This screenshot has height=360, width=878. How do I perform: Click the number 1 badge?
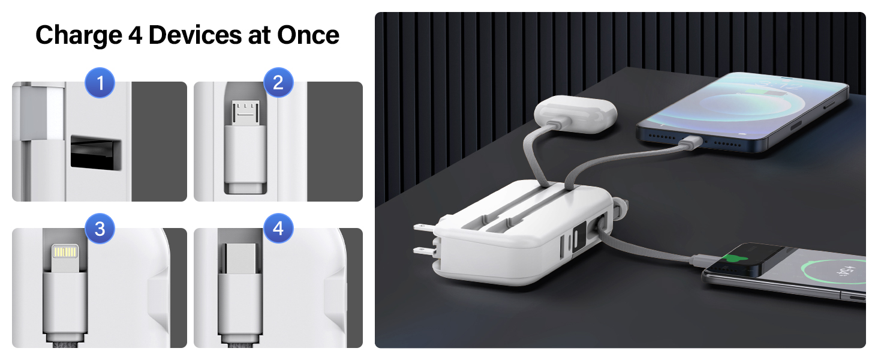click(x=100, y=83)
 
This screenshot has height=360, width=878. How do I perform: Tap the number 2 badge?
click(x=278, y=83)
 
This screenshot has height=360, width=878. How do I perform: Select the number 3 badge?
click(x=100, y=229)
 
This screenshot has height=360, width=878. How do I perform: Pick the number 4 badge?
click(x=278, y=229)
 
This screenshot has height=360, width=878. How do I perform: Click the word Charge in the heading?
click(x=77, y=35)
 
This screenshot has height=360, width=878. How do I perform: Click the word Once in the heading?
click(x=308, y=35)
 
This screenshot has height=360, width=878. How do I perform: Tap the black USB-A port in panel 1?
click(x=96, y=152)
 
